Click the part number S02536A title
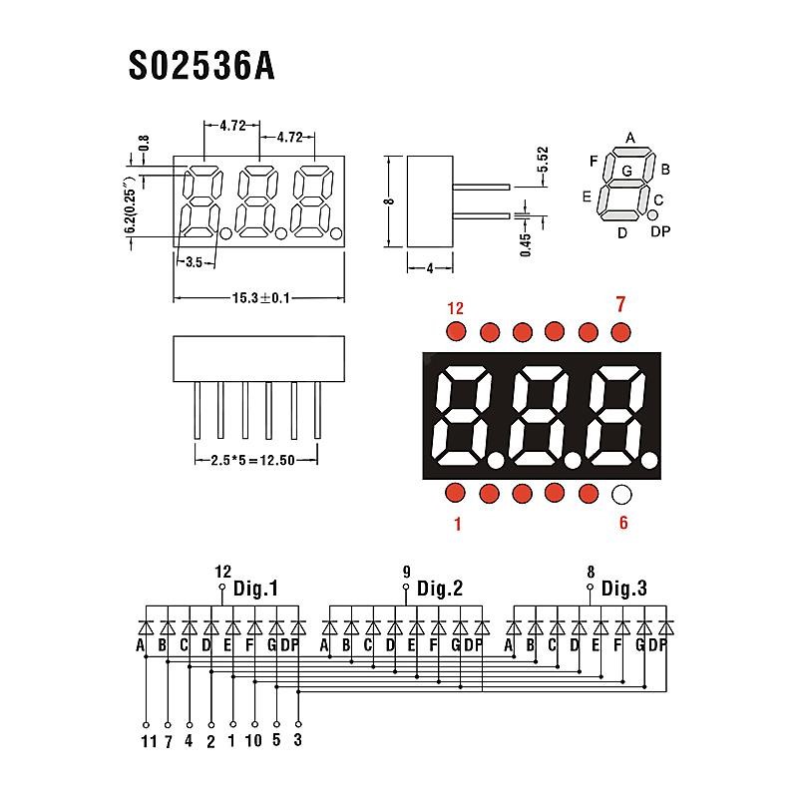click(201, 67)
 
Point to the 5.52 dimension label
click(543, 161)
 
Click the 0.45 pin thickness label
click(527, 240)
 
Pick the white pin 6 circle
click(621, 493)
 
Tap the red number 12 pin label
click(456, 307)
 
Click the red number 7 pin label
click(620, 304)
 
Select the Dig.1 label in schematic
click(255, 589)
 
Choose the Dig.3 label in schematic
click(623, 589)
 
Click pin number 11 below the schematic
click(148, 741)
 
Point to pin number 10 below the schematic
click(254, 741)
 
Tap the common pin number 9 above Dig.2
click(406, 572)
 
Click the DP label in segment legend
click(660, 232)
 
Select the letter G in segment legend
click(626, 171)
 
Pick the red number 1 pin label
click(457, 522)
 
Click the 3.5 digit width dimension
click(195, 262)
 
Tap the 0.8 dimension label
click(144, 145)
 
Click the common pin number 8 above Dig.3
click(591, 572)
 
